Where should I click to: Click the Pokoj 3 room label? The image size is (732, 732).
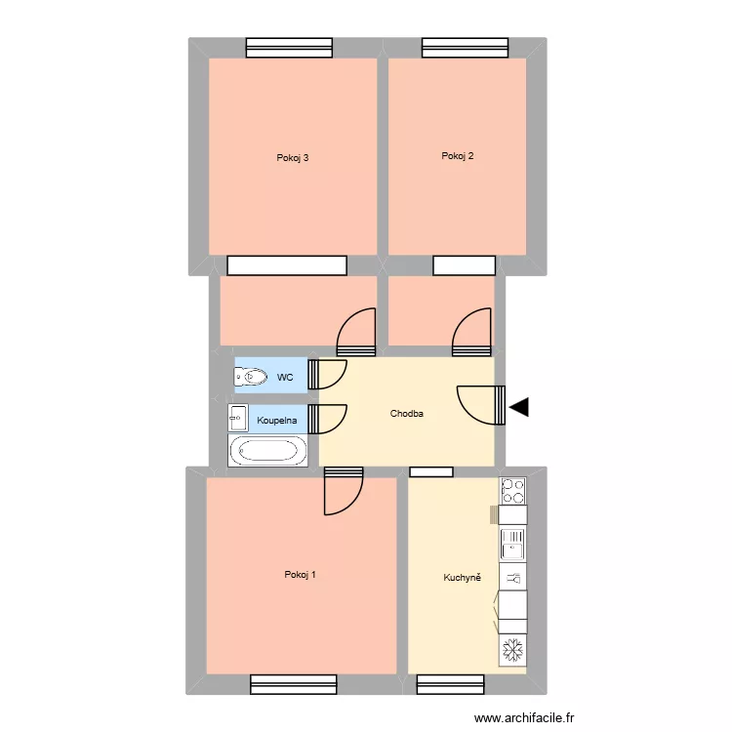293,158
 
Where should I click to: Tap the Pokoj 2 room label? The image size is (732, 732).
457,156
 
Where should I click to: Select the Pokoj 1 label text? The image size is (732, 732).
300,575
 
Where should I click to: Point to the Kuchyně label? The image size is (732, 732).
463,578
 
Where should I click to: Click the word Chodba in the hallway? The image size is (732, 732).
407,414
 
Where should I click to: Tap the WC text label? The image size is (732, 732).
285,377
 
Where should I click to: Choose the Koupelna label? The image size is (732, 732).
277,421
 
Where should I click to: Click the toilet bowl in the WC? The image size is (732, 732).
251,376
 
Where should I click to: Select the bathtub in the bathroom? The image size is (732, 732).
266,450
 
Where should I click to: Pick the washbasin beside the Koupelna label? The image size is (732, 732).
237,418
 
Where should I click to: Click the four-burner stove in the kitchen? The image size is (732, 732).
513,490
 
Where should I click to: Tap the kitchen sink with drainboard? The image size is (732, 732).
513,542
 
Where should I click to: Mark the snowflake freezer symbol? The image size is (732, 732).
513,649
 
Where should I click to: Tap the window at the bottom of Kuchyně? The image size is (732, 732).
450,684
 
